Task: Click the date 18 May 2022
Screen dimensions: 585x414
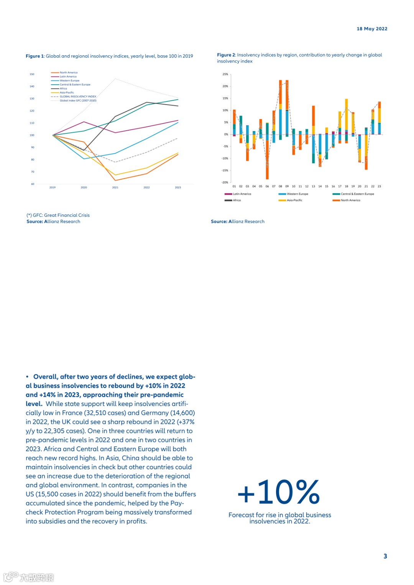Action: click(372, 29)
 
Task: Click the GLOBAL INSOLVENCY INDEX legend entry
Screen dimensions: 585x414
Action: click(77, 97)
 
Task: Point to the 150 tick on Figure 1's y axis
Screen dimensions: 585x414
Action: click(32, 74)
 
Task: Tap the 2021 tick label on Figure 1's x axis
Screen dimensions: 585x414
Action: click(115, 187)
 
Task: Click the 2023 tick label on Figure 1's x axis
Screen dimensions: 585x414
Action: click(178, 187)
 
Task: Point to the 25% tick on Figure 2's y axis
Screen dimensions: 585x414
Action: click(225, 74)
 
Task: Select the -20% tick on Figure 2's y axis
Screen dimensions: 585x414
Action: click(225, 182)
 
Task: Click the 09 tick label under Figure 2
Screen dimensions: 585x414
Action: click(287, 186)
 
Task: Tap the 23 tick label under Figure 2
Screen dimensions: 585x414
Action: click(379, 186)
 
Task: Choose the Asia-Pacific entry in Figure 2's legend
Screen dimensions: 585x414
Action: click(294, 200)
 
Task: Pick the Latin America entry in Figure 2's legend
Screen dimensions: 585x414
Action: click(242, 194)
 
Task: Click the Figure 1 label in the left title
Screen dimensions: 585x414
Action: click(35, 56)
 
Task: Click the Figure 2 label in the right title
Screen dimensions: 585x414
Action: click(226, 55)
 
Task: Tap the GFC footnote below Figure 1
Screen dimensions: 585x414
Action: click(58, 215)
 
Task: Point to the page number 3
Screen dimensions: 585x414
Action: click(385, 556)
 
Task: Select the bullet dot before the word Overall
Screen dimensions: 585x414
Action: click(27, 377)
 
